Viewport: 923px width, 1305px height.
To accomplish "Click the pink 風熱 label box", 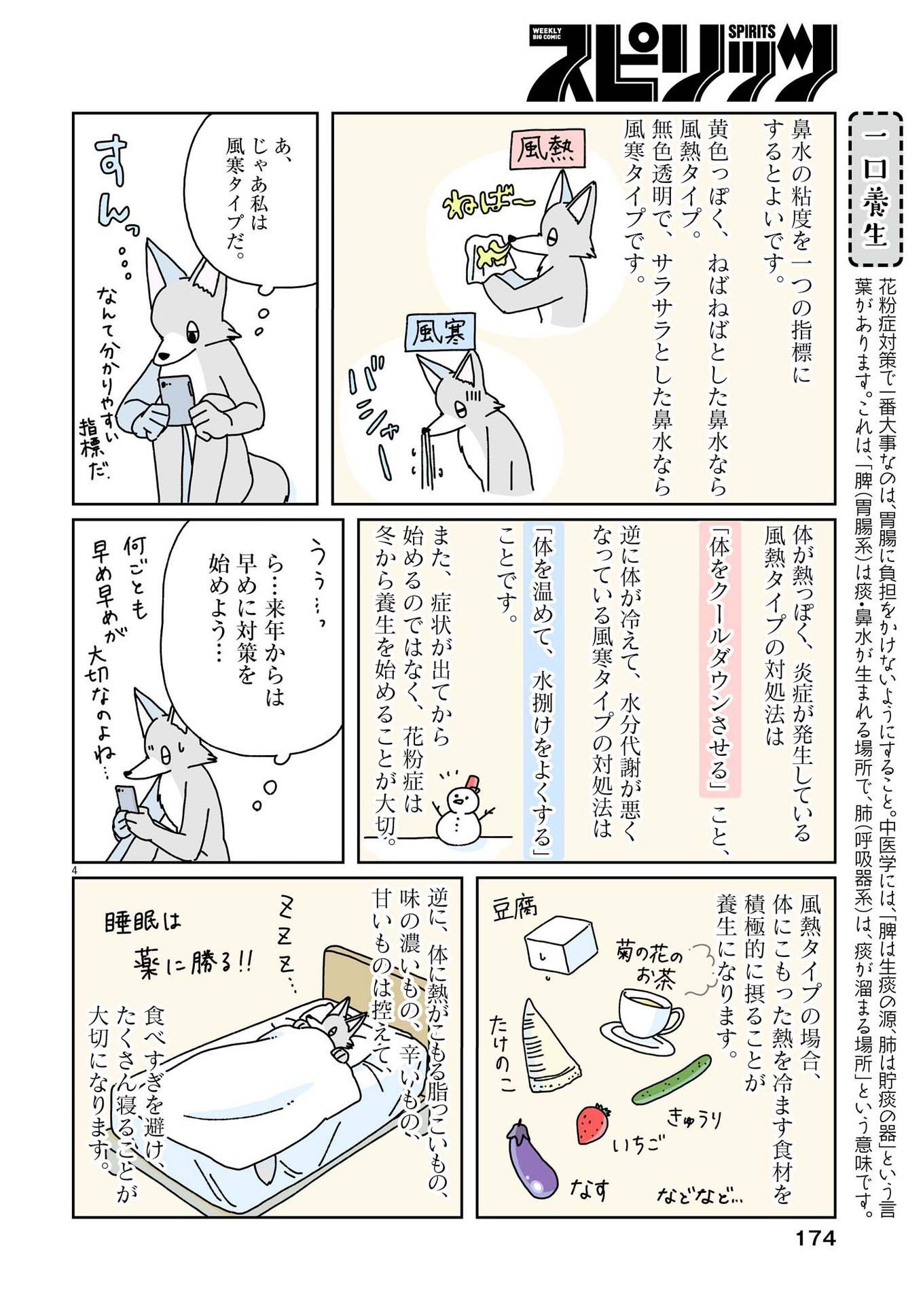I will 545,149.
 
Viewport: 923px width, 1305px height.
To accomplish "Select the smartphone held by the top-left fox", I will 177,400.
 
